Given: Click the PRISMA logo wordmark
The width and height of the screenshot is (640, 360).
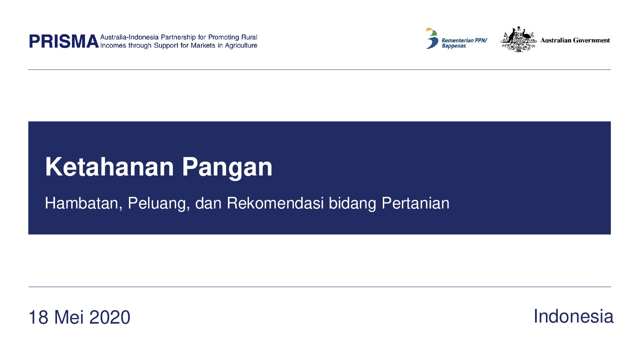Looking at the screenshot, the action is [64, 41].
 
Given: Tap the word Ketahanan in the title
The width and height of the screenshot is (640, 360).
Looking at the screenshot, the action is [109, 167].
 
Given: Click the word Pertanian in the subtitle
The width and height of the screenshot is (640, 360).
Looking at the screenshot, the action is [416, 203].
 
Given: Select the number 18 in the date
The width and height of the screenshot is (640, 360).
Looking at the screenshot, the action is [39, 317].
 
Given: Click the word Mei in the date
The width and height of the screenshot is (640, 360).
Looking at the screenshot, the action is [69, 317].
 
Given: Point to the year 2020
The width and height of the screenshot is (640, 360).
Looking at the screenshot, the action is [110, 317].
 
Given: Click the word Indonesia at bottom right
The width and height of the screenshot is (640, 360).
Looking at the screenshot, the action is [573, 316].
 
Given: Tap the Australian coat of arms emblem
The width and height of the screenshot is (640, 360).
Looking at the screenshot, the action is [518, 39].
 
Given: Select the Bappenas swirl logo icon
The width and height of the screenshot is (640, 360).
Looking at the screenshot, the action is [432, 38].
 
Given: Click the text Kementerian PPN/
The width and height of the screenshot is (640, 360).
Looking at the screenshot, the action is [464, 40].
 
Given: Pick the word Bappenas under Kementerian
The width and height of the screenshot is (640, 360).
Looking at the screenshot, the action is [454, 46].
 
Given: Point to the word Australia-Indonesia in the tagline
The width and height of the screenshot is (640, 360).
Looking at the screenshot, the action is [129, 37].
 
